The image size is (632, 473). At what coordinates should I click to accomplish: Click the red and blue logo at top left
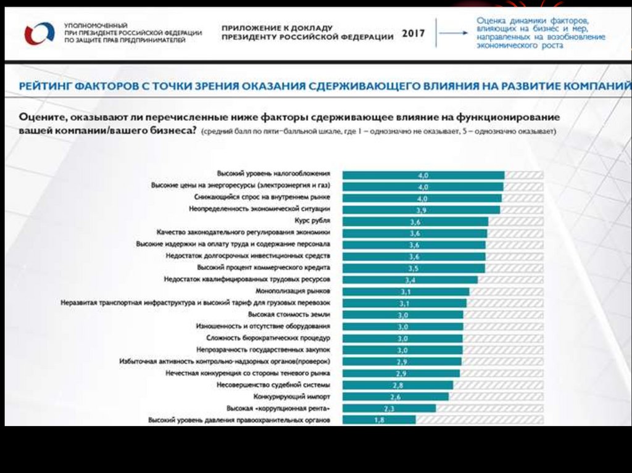pos(39,33)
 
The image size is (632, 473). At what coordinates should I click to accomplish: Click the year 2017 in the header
pos(414,33)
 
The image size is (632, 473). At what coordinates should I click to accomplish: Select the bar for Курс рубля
pos(415,221)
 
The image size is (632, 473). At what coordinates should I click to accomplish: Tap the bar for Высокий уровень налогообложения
pos(423,175)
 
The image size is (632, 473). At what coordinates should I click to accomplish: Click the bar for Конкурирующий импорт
pos(395,397)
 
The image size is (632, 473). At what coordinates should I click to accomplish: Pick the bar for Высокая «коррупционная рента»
pos(389,408)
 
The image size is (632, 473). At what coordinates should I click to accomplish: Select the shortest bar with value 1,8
pos(379,420)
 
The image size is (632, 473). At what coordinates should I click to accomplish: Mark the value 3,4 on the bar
pos(409,280)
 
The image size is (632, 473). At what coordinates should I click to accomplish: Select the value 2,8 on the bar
pos(398,385)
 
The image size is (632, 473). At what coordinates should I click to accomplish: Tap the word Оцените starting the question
pos(42,117)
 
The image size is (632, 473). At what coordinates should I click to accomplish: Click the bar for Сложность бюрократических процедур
pos(402,338)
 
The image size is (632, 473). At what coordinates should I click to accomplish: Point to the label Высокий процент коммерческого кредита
pos(264,268)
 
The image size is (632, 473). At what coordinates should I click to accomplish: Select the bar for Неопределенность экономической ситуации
pos(422,210)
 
